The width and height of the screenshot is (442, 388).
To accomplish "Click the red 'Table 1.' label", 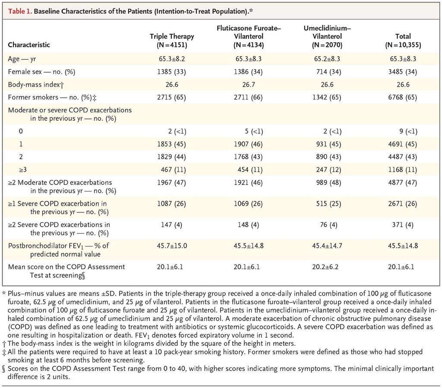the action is (20, 11).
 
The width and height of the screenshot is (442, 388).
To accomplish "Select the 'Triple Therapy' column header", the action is (172, 41).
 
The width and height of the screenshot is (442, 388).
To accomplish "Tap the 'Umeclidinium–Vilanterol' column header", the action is (327, 36).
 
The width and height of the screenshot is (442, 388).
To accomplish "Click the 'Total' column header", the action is (403, 41).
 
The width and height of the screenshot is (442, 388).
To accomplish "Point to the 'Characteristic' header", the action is (29, 45).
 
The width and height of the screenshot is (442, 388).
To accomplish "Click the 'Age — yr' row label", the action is (22, 59).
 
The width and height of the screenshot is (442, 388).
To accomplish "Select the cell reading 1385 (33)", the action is (172, 72).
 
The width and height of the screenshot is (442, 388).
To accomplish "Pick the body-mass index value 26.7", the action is (248, 84).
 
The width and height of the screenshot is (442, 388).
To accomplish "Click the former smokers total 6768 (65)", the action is (403, 97).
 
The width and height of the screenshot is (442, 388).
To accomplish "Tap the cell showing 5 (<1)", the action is (254, 131).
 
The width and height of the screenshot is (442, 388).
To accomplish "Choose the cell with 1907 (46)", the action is (248, 144).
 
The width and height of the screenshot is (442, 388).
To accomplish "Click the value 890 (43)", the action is (328, 157).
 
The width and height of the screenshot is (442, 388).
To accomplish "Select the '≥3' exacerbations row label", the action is (23, 170).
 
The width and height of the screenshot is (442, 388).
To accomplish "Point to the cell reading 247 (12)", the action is (328, 170).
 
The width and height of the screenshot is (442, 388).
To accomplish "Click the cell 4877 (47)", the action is (403, 183).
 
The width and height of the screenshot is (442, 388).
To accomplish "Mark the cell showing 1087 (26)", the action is (172, 204).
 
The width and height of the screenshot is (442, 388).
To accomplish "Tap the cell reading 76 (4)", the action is (328, 225).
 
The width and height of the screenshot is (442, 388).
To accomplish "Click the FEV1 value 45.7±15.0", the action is (172, 246).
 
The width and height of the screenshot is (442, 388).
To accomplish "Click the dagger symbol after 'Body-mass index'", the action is (62, 85).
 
